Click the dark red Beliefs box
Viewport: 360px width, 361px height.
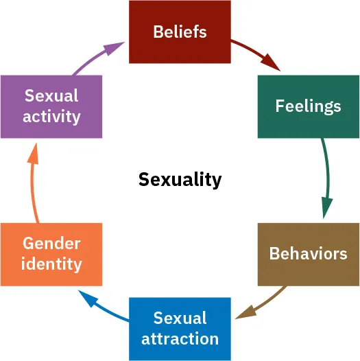[180, 32]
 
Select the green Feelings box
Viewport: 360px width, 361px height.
[308, 106]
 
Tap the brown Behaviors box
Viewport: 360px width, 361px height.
[308, 254]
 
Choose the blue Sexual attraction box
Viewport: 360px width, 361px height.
[180, 328]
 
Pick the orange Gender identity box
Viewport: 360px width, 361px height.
[51, 254]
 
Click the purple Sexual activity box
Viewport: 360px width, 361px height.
[51, 106]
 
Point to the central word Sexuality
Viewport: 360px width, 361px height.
[180, 180]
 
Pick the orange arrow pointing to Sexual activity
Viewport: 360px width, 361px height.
[32, 185]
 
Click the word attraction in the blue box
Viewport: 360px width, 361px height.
[180, 338]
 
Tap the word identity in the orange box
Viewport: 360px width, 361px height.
[51, 264]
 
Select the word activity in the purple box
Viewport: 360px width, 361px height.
[51, 117]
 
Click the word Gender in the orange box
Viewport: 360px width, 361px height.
[51, 244]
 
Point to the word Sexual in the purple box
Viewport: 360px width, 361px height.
[51, 96]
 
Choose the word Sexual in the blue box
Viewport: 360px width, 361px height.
[180, 318]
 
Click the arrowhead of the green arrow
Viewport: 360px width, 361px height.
[326, 208]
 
